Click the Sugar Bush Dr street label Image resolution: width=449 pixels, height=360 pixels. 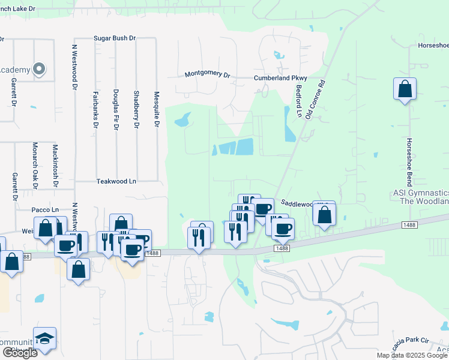coord(115,38)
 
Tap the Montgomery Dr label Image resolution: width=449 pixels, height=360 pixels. coord(208,74)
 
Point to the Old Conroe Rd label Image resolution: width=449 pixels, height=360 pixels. coord(315,99)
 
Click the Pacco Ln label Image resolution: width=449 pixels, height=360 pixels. coord(46,209)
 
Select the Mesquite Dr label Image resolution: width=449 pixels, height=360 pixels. coord(156,109)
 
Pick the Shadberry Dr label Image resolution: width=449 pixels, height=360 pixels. coord(136,110)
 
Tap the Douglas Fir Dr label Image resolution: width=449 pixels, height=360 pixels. coord(116,110)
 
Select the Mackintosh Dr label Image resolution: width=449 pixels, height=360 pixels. coord(55,166)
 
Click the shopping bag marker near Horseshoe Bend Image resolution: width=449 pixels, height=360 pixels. coord(405,89)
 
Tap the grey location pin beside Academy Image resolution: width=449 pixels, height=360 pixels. coord(40,70)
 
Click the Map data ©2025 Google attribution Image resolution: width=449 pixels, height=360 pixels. coord(411,355)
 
